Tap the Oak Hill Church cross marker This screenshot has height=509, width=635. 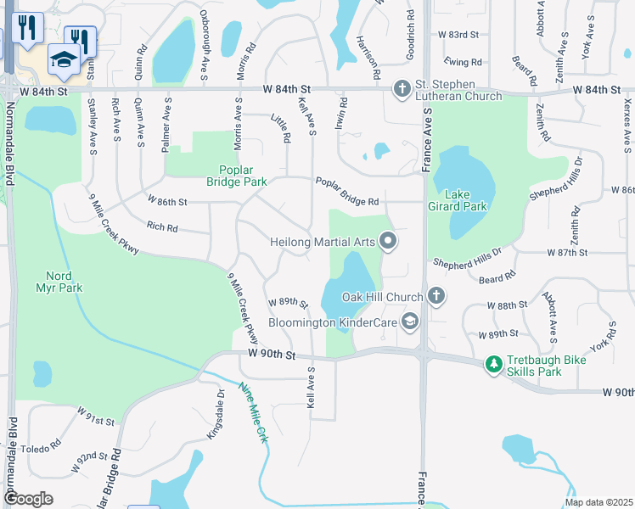click(x=436, y=296)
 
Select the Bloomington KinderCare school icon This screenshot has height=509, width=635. click(x=410, y=321)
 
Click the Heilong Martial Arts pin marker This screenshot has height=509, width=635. click(x=389, y=242)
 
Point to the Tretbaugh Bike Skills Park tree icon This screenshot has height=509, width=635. click(x=494, y=364)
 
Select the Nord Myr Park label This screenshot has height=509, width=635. click(x=65, y=282)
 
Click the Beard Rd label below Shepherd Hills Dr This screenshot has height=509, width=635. click(x=497, y=277)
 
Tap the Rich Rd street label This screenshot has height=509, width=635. click(x=162, y=227)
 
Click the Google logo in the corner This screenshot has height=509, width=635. click(x=28, y=499)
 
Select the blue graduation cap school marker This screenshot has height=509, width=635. click(x=64, y=58)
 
